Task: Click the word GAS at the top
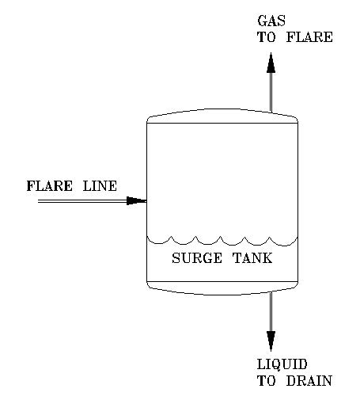(x=268, y=20)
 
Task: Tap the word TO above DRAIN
(x=265, y=381)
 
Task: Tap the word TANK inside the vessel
(x=252, y=258)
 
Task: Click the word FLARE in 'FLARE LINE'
(x=51, y=187)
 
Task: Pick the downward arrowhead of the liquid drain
(x=271, y=341)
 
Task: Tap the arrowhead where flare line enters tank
(x=136, y=201)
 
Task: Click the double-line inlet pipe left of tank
(x=79, y=201)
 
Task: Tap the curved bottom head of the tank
(x=222, y=289)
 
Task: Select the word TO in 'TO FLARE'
(x=265, y=36)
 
